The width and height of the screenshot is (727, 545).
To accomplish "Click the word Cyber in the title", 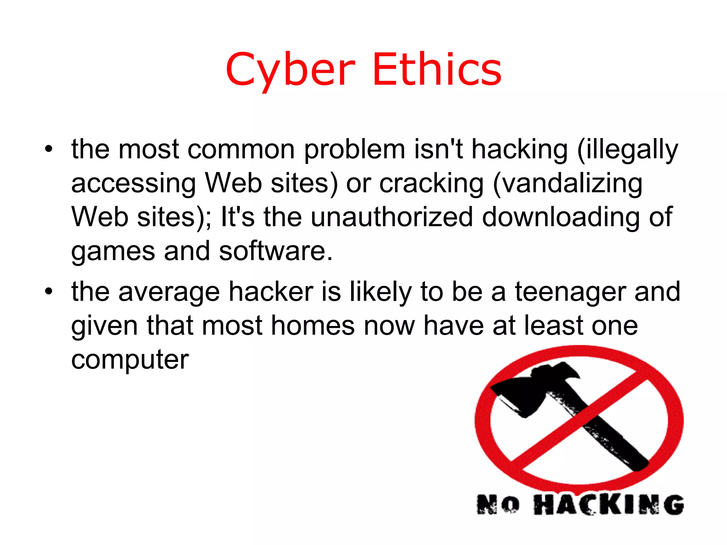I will [x=290, y=70].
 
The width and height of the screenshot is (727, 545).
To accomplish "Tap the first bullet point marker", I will [x=49, y=149].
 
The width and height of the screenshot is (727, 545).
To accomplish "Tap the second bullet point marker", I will [x=49, y=292].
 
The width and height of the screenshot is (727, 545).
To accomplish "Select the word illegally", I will [x=628, y=150].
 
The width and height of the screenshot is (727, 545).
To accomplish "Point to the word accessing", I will [x=133, y=184].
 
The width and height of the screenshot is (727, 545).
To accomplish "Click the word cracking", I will [x=431, y=184].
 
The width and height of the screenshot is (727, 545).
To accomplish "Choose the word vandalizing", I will [x=568, y=184].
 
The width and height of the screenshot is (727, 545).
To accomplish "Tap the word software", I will [x=275, y=251].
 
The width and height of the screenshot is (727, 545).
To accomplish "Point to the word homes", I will [x=313, y=326].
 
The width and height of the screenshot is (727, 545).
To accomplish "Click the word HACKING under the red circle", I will [x=608, y=504].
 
